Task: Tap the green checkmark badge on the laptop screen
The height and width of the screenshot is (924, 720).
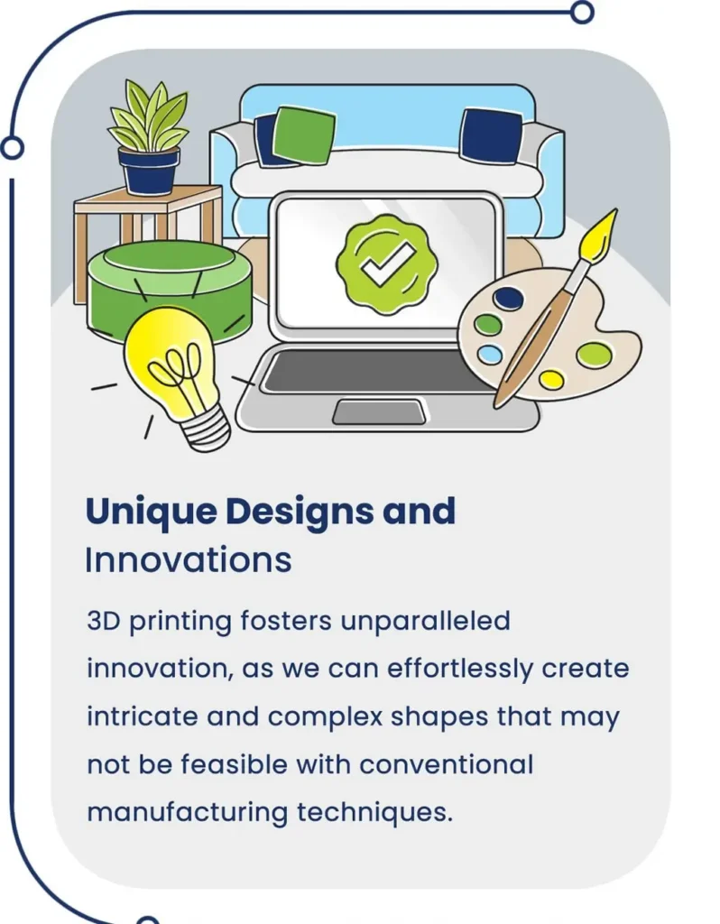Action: [x=387, y=263]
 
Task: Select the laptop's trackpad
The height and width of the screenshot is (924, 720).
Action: [x=379, y=411]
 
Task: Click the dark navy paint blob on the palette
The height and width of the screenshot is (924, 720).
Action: [x=508, y=298]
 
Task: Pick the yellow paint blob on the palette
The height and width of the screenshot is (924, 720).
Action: [x=551, y=379]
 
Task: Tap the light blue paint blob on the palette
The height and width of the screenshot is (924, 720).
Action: [x=490, y=354]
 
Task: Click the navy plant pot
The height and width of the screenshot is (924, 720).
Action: [x=149, y=170]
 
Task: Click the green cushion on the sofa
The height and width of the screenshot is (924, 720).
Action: [x=305, y=135]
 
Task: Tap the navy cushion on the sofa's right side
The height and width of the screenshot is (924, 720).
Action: [x=490, y=135]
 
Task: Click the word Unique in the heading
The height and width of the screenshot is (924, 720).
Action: [x=151, y=512]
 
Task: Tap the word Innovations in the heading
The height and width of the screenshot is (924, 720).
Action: [x=189, y=559]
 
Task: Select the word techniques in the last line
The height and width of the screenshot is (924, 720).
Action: [x=374, y=812]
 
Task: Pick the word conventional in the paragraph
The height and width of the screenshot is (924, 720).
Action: [x=446, y=765]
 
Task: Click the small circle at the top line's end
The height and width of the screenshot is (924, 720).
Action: [x=582, y=13]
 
